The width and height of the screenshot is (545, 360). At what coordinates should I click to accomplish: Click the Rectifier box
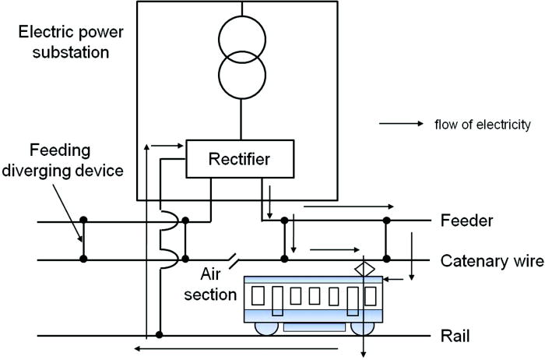click(240, 159)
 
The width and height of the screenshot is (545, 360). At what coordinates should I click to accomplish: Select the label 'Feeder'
click(466, 221)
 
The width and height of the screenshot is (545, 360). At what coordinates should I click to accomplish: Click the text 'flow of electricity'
click(483, 124)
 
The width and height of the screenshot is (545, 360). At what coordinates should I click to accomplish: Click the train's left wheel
click(266, 327)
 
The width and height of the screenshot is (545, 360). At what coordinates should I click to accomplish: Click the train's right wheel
click(359, 327)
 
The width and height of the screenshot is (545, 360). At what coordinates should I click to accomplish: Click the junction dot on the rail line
click(160, 336)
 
